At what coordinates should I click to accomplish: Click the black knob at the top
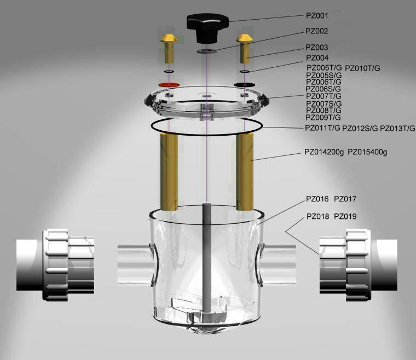pyautogui.click(x=207, y=28)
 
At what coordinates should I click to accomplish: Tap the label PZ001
pyautogui.click(x=317, y=16)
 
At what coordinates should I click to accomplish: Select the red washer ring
pyautogui.click(x=169, y=85)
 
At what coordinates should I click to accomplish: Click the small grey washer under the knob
pyautogui.click(x=207, y=51)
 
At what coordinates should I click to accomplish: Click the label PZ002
pyautogui.click(x=317, y=31)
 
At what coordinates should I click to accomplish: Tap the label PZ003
pyautogui.click(x=317, y=48)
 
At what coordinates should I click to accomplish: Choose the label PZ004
pyautogui.click(x=317, y=58)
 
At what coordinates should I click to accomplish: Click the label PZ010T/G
pyautogui.click(x=362, y=68)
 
